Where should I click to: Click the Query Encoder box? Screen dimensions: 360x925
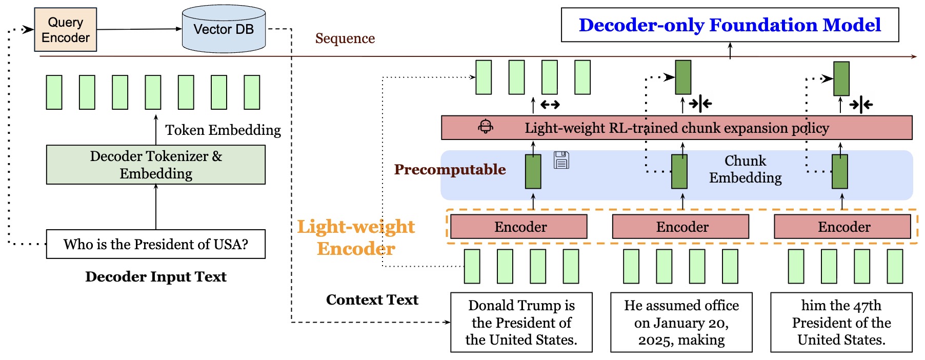[66, 30]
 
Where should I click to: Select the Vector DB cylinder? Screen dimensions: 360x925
[224, 29]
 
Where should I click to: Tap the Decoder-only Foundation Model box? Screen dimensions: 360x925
[730, 25]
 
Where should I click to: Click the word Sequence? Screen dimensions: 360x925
[345, 38]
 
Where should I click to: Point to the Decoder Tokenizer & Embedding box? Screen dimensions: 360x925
[156, 165]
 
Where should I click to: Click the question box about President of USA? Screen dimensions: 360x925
[156, 244]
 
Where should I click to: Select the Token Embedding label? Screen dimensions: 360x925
[223, 130]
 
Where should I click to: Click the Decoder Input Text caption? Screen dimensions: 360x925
[156, 277]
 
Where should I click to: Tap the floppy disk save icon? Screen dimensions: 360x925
[561, 160]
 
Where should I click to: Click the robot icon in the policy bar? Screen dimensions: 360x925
[486, 126]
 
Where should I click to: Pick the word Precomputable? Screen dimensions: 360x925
[450, 170]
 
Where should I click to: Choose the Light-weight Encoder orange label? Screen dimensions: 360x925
[356, 237]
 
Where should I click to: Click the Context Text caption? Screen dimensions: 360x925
[372, 300]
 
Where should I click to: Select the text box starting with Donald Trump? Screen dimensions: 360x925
[521, 323]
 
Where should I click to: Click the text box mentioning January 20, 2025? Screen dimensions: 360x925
[681, 323]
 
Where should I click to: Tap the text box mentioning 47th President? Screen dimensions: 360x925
[841, 323]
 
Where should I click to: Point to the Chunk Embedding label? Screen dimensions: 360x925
[745, 169]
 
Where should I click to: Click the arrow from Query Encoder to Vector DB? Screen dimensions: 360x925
[138, 29]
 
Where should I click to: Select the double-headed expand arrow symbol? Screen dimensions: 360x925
[550, 105]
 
